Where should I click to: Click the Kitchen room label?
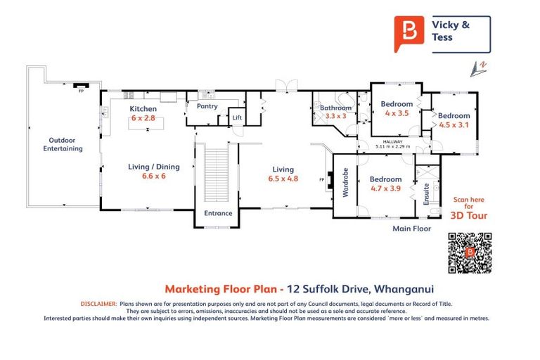pyautogui.click(x=143, y=109)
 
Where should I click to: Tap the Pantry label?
pyautogui.click(x=207, y=107)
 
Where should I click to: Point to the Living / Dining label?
pyautogui.click(x=153, y=167)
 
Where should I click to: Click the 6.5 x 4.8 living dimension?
pyautogui.click(x=283, y=179)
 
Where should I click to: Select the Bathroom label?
pyautogui.click(x=336, y=108)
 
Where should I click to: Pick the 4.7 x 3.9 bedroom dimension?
pyautogui.click(x=385, y=188)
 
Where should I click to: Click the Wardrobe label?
pyautogui.click(x=345, y=184)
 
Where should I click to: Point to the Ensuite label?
pyautogui.click(x=426, y=193)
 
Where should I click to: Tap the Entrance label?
pyautogui.click(x=218, y=213)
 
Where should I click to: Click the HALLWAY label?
pyautogui.click(x=393, y=141)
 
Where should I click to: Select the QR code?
pyautogui.click(x=470, y=253)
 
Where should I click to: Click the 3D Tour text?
pyautogui.click(x=468, y=216)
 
